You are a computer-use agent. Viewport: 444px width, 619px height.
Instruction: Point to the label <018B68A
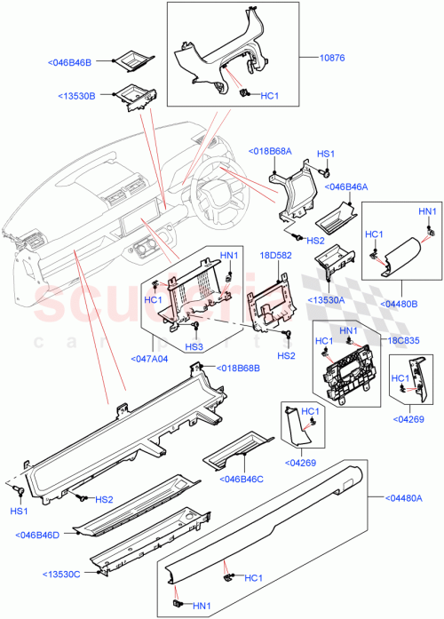tap(270, 150)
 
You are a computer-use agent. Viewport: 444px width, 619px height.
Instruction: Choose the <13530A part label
tap(327, 300)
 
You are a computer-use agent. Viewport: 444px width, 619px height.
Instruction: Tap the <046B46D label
tap(37, 534)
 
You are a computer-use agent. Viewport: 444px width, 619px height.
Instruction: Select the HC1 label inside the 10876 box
tap(271, 94)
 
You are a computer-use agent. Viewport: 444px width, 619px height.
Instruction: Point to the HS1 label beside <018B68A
tap(326, 153)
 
